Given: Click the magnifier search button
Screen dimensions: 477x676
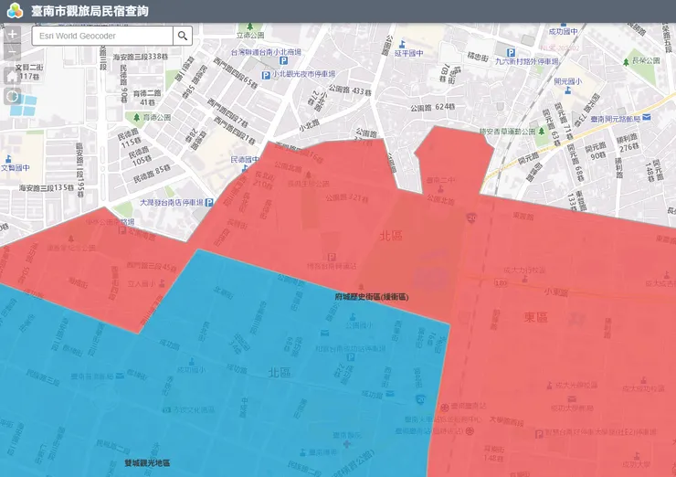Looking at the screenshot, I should pos(183,36).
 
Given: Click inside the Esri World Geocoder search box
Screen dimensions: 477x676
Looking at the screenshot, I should pos(101,36).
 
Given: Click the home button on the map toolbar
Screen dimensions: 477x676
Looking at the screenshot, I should pos(13,76).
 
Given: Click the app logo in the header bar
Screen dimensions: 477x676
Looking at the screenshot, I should pos(14,11).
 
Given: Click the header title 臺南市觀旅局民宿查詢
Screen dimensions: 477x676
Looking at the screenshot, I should pos(90,11).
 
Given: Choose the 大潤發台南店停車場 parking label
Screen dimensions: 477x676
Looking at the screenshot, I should pos(174,202).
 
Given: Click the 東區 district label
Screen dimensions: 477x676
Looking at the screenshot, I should pos(535,317).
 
